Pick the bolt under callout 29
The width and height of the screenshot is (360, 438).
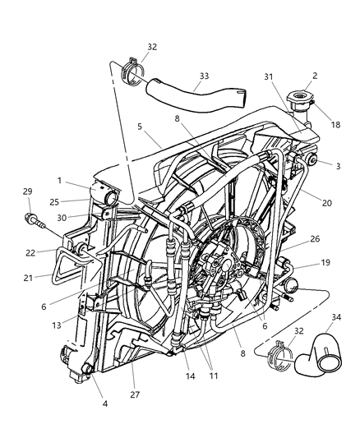[31, 218]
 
